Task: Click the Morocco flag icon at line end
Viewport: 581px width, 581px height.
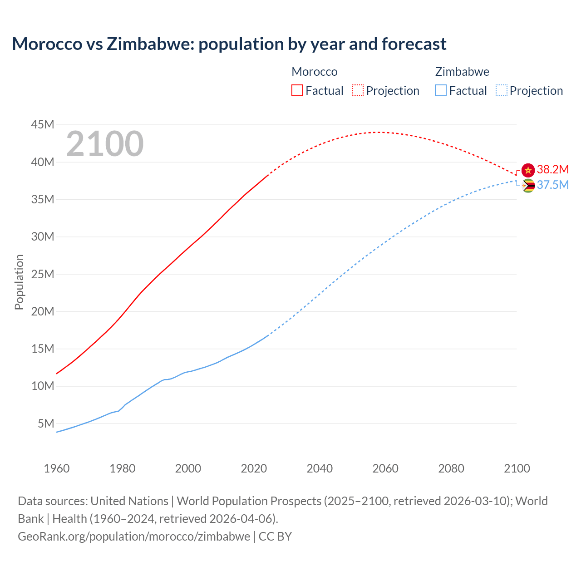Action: (x=528, y=170)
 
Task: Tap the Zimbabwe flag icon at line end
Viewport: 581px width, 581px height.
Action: (x=528, y=186)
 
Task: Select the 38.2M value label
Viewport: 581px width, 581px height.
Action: (x=552, y=169)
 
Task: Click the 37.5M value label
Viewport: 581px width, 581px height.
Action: (x=552, y=185)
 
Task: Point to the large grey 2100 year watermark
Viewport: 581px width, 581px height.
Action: (x=105, y=144)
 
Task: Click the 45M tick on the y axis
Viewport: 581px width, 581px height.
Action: (x=43, y=124)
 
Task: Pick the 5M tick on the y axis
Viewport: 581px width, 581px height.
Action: (x=46, y=423)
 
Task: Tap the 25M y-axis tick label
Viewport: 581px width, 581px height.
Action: (x=43, y=274)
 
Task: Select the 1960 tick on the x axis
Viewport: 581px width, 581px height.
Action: (x=57, y=468)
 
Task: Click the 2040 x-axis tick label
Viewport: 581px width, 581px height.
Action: (x=320, y=468)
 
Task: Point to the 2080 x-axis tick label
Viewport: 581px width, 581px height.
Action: (x=451, y=468)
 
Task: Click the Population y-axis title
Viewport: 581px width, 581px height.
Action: (x=19, y=282)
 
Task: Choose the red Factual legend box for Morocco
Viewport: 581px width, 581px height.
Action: (x=297, y=90)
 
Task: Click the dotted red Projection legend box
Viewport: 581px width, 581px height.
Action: (x=358, y=90)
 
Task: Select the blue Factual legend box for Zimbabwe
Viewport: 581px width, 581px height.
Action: (x=441, y=90)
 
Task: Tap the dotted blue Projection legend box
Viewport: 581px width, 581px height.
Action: (x=501, y=90)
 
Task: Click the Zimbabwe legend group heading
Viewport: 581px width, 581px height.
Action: (x=462, y=72)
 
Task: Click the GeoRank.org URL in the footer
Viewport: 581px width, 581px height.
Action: (x=134, y=537)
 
